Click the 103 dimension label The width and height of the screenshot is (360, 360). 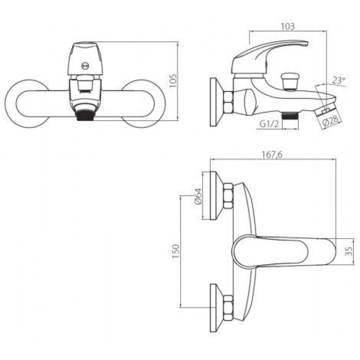(x=288, y=27)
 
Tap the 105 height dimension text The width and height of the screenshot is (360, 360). (x=173, y=81)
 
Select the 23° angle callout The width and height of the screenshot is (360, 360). (x=339, y=81)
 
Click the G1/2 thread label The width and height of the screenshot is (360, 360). (x=269, y=124)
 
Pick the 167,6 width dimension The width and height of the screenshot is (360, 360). (x=272, y=154)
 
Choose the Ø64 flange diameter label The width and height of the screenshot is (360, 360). (x=198, y=196)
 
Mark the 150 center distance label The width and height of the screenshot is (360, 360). (x=175, y=251)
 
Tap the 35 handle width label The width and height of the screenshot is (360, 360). (x=349, y=251)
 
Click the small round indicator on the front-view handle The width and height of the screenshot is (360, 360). (x=85, y=66)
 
